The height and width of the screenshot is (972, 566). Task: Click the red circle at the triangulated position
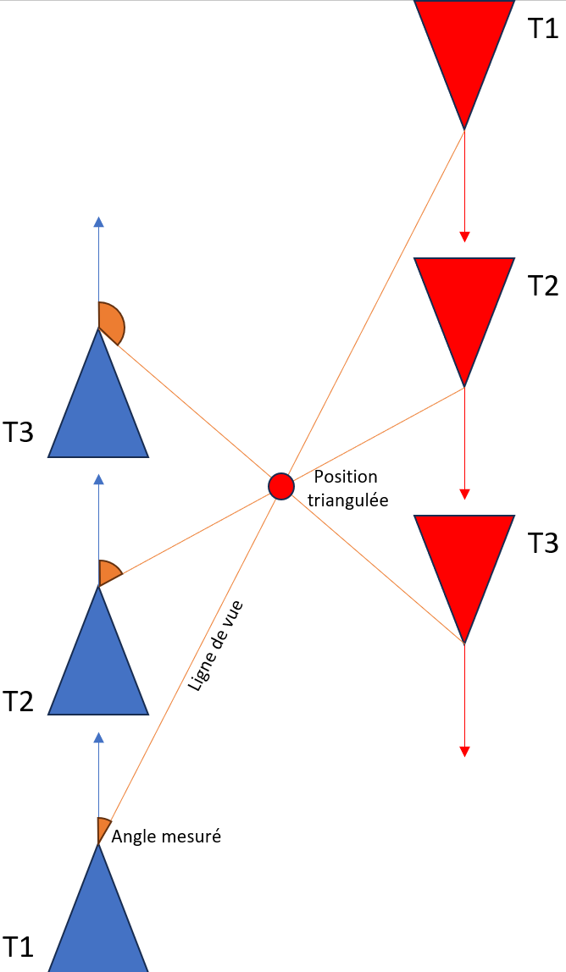tap(281, 486)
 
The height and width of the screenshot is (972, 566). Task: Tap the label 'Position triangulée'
tap(348, 489)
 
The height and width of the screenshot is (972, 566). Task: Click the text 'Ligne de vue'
tap(215, 646)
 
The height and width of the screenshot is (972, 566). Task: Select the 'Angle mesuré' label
tap(166, 837)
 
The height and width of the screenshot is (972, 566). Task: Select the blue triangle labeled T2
tap(98, 670)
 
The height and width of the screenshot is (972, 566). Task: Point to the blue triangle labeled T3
tap(98, 412)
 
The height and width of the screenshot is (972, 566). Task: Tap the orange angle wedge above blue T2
tap(108, 572)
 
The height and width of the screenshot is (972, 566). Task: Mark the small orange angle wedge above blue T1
tap(103, 828)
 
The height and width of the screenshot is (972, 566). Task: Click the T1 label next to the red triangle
tap(543, 29)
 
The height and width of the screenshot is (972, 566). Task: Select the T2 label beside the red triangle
tap(543, 286)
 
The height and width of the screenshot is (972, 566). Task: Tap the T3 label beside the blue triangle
tap(18, 432)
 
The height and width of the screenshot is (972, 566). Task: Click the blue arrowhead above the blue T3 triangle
tap(98, 222)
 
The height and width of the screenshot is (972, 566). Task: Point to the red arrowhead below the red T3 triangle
tap(464, 752)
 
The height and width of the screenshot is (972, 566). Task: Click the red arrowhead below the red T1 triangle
tap(464, 237)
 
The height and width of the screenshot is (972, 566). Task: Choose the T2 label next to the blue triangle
tap(18, 702)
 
